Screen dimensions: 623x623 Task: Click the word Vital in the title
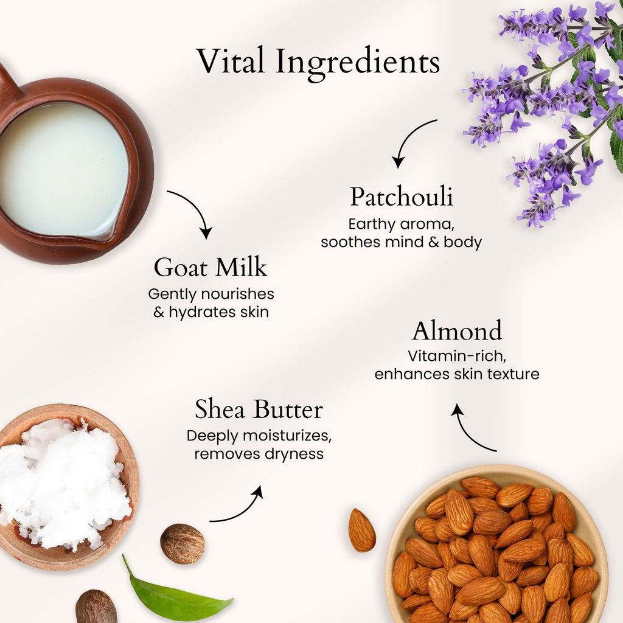231,60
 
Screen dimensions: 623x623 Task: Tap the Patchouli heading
402,197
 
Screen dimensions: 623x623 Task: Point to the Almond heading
457,330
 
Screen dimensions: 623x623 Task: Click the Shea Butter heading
259,409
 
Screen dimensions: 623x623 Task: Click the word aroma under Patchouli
427,224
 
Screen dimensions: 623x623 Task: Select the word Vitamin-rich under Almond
457,356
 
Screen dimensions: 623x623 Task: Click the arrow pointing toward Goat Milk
195,209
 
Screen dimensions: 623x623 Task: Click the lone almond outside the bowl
361,530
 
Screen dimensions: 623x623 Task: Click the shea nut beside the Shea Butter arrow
183,544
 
